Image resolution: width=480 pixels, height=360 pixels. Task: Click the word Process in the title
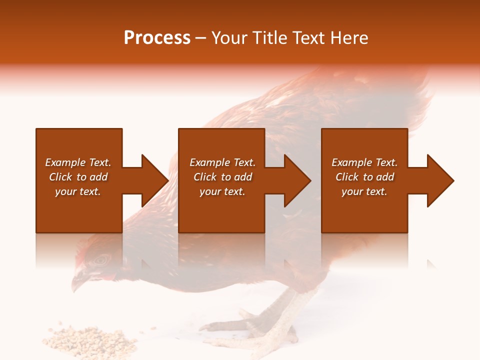[x=157, y=38]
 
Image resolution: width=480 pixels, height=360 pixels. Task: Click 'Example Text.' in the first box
[x=78, y=162]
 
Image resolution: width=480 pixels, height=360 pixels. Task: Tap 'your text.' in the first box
[x=78, y=191]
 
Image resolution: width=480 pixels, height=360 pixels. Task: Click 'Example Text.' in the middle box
[x=222, y=162]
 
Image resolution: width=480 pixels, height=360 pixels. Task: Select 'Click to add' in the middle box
[x=222, y=177]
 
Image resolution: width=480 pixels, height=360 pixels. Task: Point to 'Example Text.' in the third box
[x=364, y=162]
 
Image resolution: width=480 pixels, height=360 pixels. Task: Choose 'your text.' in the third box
[x=364, y=191]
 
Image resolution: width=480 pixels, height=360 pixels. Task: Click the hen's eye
[x=101, y=259]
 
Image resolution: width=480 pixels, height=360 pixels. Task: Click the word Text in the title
[x=307, y=38]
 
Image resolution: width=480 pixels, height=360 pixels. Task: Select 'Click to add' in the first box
[x=78, y=177]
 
